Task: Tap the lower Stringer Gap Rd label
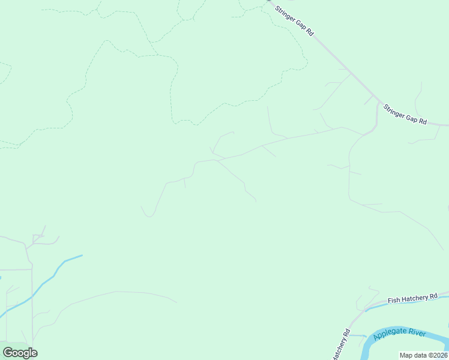[405, 115]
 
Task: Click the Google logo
[20, 352]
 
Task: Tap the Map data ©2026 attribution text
[423, 355]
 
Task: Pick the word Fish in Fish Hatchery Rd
[393, 301]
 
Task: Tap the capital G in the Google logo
[8, 352]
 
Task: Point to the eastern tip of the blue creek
[82, 256]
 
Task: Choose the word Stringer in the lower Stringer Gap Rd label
[396, 111]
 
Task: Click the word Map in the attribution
[406, 355]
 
